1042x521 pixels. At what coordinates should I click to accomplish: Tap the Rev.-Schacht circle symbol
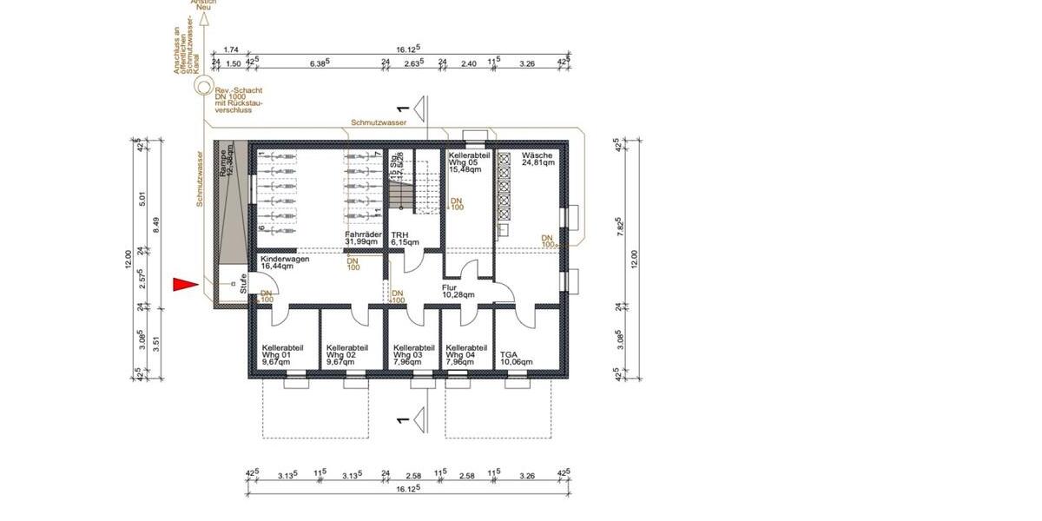click(203, 88)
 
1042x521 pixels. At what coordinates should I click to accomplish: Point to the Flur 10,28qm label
click(457, 290)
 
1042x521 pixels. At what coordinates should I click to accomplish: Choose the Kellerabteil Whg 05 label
click(469, 161)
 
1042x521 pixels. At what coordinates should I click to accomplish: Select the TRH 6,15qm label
click(405, 239)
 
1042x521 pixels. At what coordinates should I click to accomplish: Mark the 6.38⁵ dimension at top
click(319, 63)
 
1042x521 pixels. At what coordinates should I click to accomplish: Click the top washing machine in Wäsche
click(505, 160)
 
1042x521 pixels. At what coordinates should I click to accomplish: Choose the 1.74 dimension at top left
click(230, 51)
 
